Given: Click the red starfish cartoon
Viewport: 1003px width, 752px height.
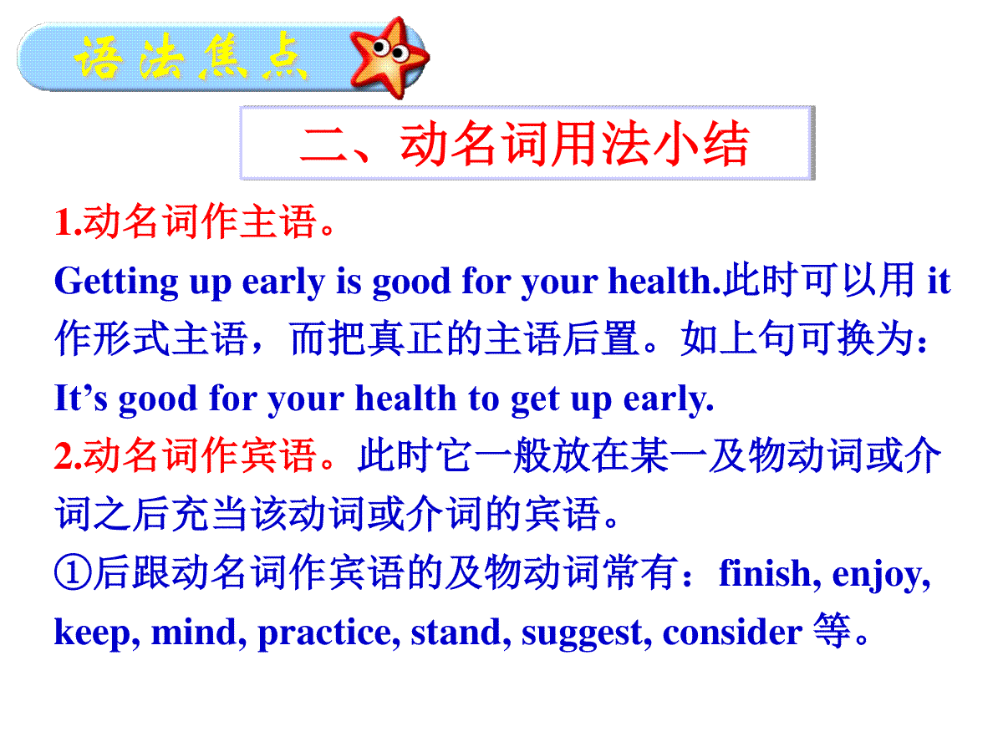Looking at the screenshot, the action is [388, 57].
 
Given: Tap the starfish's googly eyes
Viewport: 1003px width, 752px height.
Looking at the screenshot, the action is [389, 49].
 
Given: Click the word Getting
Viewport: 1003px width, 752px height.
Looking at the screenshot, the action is [116, 282].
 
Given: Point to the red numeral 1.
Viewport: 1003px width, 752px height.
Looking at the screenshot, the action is [64, 222].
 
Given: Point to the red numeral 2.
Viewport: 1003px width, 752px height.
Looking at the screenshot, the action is [64, 455].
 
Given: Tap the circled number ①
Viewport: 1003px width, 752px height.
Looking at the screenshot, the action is [73, 572].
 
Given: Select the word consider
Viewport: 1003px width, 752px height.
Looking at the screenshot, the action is [732, 633].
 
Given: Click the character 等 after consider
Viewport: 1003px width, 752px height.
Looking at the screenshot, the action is [832, 631].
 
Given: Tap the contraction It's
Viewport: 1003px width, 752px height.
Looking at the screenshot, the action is [81, 398].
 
